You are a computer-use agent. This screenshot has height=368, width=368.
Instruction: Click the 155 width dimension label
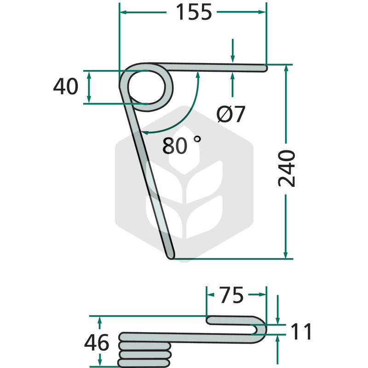tap(194, 12)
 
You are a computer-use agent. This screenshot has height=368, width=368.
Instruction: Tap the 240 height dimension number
tap(286, 168)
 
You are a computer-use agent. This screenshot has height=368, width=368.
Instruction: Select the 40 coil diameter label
tap(66, 86)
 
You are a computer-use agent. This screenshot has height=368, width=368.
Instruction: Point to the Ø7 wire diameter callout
tap(231, 114)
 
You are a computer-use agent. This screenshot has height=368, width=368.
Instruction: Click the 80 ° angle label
tap(182, 145)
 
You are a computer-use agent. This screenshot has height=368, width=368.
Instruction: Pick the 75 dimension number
tap(231, 295)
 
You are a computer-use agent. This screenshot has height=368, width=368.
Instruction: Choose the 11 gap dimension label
tap(301, 331)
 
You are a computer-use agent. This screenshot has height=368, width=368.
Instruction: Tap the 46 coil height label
tap(97, 342)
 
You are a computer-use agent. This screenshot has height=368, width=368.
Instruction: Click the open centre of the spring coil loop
tap(146, 87)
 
